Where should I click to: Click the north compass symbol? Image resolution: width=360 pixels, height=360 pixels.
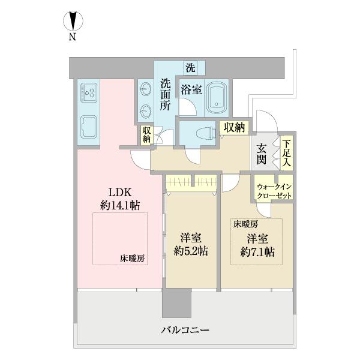click(73, 20)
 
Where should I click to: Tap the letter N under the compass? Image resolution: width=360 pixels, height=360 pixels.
click(73, 37)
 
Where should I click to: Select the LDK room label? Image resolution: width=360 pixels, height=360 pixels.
click(120, 193)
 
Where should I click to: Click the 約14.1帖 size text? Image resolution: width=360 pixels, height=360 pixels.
click(120, 205)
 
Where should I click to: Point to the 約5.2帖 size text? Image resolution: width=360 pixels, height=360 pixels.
click(191, 251)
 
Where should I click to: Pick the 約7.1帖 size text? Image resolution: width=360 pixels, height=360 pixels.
click(257, 252)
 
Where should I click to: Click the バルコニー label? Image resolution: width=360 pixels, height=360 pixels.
click(185, 331)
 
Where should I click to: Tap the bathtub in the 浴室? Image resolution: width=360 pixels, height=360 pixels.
click(217, 97)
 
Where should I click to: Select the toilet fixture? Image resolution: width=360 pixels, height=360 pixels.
click(206, 134)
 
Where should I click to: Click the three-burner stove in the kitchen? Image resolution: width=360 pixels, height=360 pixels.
click(89, 92)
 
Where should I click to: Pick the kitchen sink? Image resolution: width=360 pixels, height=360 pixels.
click(88, 127)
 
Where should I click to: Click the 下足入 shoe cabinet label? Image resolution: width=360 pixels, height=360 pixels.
click(287, 153)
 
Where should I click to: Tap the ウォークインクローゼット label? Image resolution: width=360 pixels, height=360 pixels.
click(274, 191)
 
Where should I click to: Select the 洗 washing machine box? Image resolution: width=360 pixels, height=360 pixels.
click(190, 68)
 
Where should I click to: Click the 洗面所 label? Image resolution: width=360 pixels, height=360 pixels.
click(166, 94)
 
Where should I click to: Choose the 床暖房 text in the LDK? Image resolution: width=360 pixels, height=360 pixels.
click(132, 259)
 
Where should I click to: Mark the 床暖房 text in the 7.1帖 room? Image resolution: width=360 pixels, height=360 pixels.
click(245, 224)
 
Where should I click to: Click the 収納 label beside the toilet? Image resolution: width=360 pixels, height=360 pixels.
click(234, 127)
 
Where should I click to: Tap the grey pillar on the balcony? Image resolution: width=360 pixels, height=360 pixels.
click(176, 303)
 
